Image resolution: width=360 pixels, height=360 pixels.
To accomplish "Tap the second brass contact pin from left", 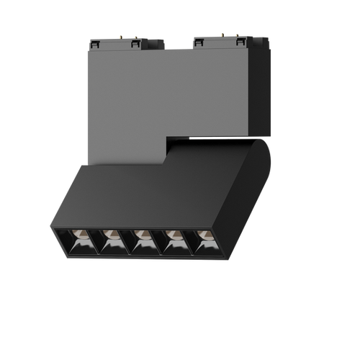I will point(135,34).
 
